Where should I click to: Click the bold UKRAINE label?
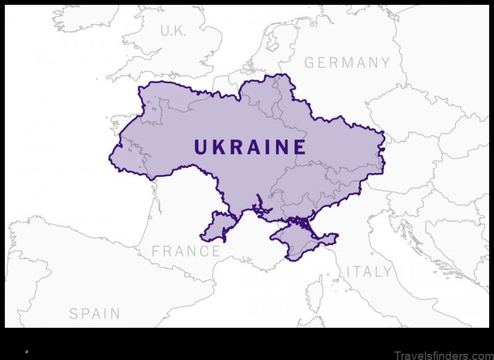click(x=250, y=147)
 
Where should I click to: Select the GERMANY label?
click(x=348, y=62)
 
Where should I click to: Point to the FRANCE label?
click(x=186, y=251)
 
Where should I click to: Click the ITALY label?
click(x=369, y=272)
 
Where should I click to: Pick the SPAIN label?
click(x=94, y=314)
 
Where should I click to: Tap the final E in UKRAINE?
click(x=299, y=147)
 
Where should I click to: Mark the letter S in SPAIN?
click(x=73, y=314)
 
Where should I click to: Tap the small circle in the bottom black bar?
click(x=27, y=351)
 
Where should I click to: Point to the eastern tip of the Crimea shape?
click(x=337, y=235)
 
